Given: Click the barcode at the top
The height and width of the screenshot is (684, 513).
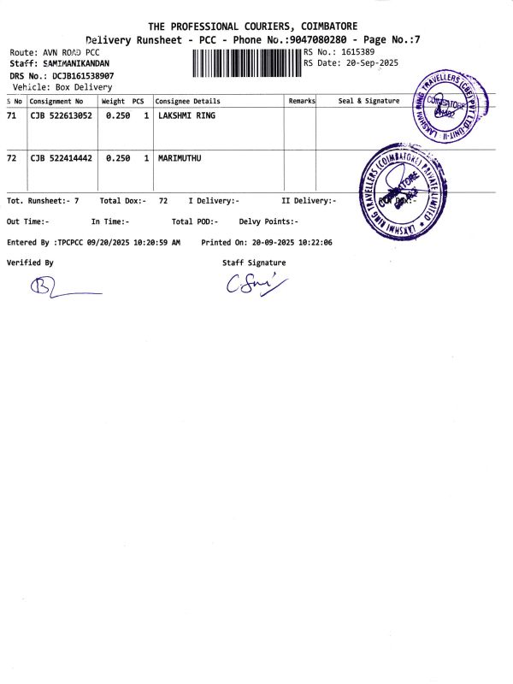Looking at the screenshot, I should pyautogui.click(x=247, y=64).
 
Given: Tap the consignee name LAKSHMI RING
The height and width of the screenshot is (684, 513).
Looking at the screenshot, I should pyautogui.click(x=187, y=115).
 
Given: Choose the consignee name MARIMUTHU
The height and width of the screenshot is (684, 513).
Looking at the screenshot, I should pyautogui.click(x=180, y=158).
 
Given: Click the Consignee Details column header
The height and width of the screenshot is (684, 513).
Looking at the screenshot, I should pyautogui.click(x=187, y=101).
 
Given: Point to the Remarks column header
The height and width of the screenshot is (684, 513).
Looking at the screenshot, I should pyautogui.click(x=302, y=101).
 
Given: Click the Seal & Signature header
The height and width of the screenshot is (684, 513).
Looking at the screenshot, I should pyautogui.click(x=369, y=101).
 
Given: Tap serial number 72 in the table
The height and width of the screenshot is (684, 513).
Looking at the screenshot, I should pyautogui.click(x=11, y=158).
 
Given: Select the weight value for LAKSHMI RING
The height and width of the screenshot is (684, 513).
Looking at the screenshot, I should pyautogui.click(x=118, y=115).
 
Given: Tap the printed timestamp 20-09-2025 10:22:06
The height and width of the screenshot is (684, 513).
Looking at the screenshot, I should pyautogui.click(x=290, y=243).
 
